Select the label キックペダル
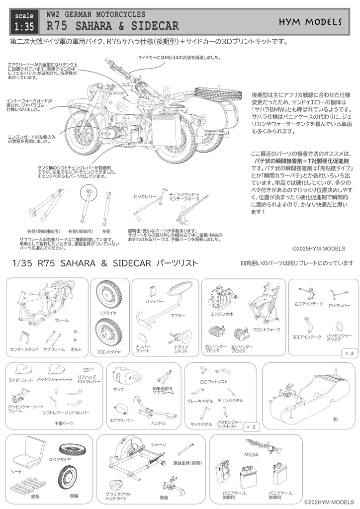point(201,424)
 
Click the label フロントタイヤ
point(108,352)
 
